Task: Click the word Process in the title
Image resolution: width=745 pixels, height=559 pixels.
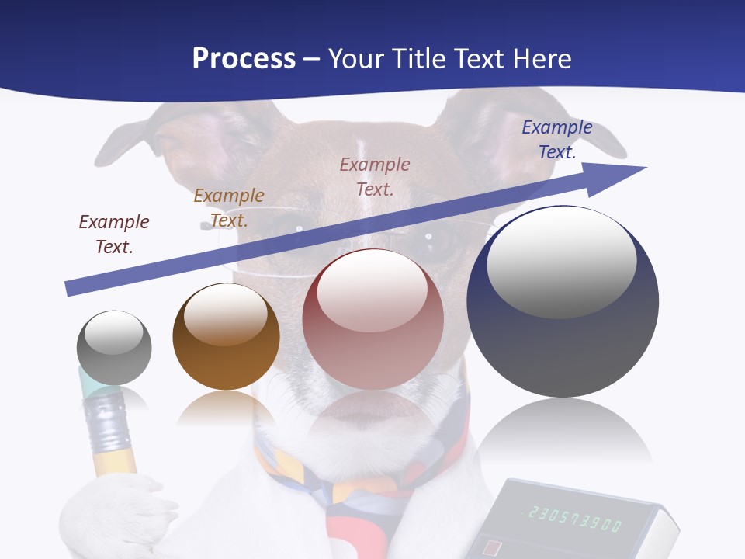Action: pyautogui.click(x=244, y=58)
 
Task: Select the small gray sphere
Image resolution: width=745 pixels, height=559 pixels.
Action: pyautogui.click(x=114, y=348)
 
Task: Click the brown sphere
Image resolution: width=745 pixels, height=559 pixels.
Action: pyautogui.click(x=226, y=336)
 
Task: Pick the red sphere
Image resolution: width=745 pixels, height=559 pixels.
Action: pyautogui.click(x=372, y=319)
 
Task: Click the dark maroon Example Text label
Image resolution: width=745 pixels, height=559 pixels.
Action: pyautogui.click(x=114, y=234)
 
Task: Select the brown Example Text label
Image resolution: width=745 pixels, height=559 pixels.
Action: pyautogui.click(x=229, y=207)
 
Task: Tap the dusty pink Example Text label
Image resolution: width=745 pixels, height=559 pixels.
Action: pyautogui.click(x=375, y=176)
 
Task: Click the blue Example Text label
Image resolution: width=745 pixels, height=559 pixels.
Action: pyautogui.click(x=557, y=140)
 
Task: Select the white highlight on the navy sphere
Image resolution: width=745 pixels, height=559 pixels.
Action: pyautogui.click(x=561, y=262)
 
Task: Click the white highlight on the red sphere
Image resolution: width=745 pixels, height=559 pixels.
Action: pyautogui.click(x=372, y=291)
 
